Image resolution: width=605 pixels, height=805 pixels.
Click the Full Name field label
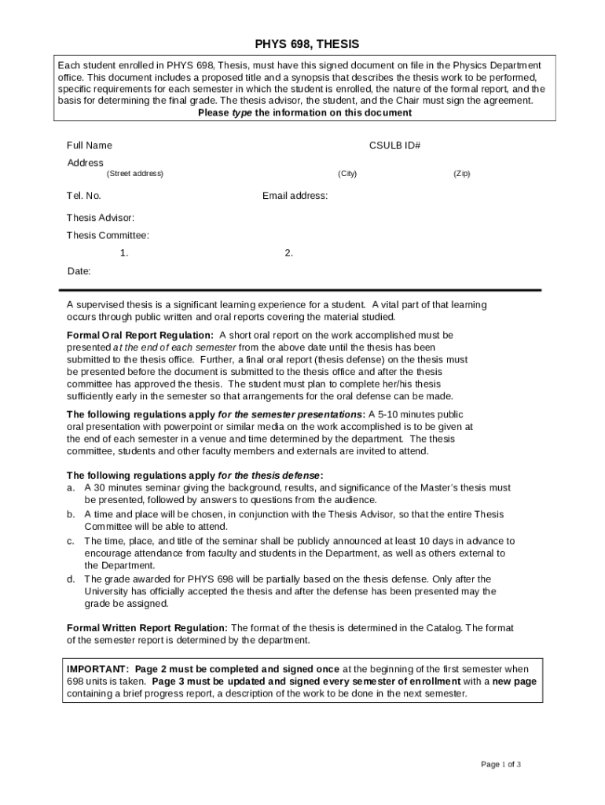(x=89, y=145)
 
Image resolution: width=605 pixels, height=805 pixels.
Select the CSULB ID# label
(x=395, y=145)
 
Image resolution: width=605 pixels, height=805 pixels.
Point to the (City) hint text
(x=347, y=174)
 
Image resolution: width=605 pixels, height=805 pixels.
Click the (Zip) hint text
(x=461, y=174)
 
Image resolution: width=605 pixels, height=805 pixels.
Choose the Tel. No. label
(x=83, y=196)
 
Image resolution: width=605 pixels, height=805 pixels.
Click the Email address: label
(x=295, y=196)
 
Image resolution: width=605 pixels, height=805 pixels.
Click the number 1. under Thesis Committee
(x=124, y=253)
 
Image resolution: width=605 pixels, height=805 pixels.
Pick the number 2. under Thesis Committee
(x=289, y=253)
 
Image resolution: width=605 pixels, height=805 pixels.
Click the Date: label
(x=79, y=271)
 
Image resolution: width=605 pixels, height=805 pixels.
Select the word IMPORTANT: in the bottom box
(x=98, y=668)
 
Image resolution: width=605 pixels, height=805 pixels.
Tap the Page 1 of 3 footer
(x=500, y=764)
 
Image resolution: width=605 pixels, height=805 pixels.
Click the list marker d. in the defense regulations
(x=71, y=579)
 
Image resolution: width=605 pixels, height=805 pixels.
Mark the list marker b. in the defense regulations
(x=71, y=514)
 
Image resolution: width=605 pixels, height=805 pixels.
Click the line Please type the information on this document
(x=304, y=112)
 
